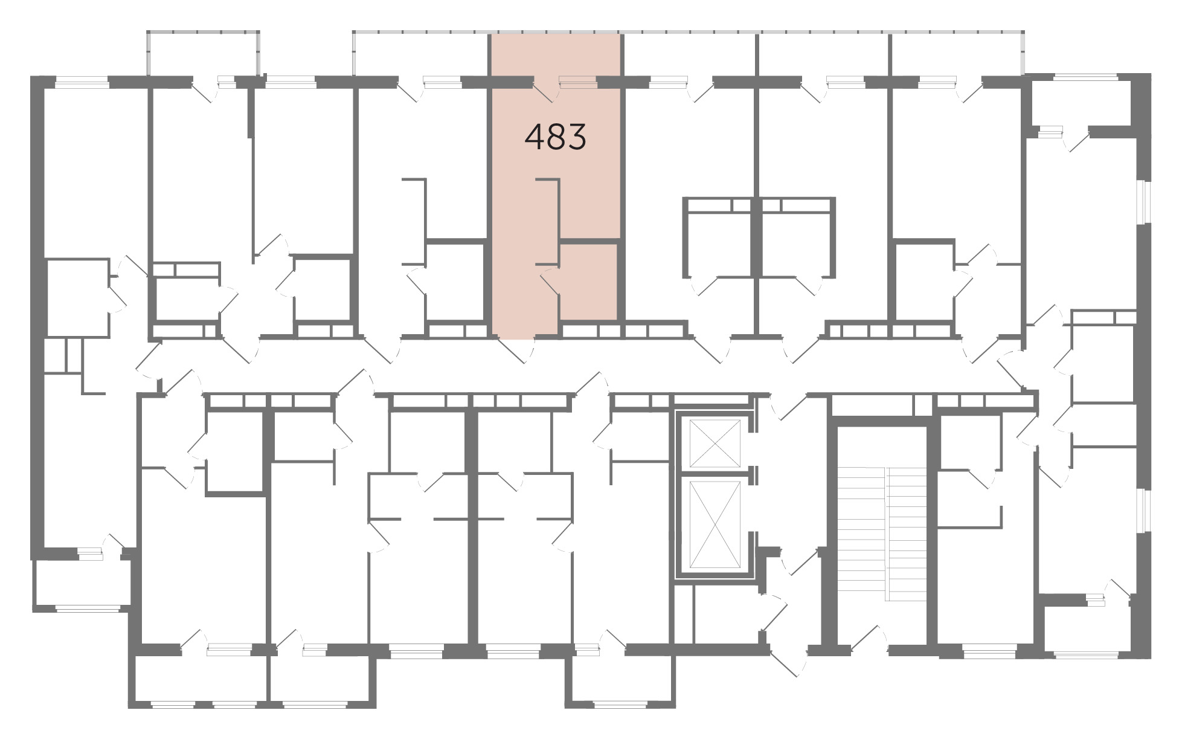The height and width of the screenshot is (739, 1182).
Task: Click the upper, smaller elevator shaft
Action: tap(715, 443)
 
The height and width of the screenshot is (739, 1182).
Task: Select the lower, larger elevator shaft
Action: tap(715, 524)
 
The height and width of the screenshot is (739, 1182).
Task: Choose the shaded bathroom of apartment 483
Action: tap(588, 281)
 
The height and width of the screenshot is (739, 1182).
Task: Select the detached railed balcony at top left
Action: tap(204, 53)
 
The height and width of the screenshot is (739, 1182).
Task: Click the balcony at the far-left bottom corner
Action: tap(82, 584)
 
